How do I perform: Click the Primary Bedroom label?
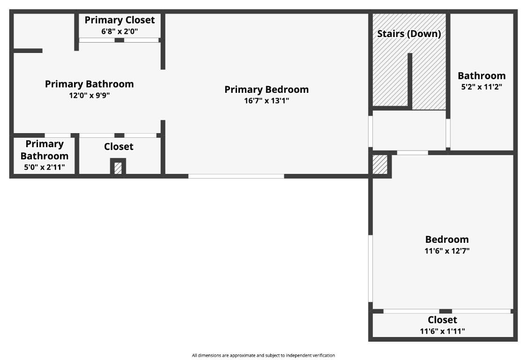pyautogui.click(x=266, y=90)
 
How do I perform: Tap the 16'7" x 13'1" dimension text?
pyautogui.click(x=266, y=101)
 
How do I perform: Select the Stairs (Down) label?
pyautogui.click(x=408, y=34)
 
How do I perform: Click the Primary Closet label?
pyautogui.click(x=119, y=20)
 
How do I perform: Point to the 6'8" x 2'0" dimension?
pyautogui.click(x=119, y=31)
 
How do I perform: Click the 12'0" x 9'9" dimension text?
pyautogui.click(x=89, y=95)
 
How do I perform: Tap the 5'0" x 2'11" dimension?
pyautogui.click(x=45, y=167)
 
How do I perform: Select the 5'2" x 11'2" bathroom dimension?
pyautogui.click(x=481, y=87)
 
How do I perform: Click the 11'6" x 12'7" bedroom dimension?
pyautogui.click(x=446, y=251)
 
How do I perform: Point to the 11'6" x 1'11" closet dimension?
pyautogui.click(x=442, y=331)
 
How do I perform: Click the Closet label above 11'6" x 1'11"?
pyautogui.click(x=442, y=320)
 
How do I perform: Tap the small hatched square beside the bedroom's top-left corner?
pyautogui.click(x=380, y=165)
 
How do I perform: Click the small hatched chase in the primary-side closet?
pyautogui.click(x=118, y=168)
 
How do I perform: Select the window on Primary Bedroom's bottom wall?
pyautogui.click(x=236, y=176)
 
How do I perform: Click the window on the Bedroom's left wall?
pyautogui.click(x=371, y=268)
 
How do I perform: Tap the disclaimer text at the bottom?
pyautogui.click(x=263, y=355)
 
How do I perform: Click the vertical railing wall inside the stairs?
pyautogui.click(x=409, y=81)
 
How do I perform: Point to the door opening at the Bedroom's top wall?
pyautogui.click(x=412, y=152)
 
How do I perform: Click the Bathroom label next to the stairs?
pyautogui.click(x=481, y=75)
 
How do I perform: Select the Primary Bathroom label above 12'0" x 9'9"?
pyautogui.click(x=89, y=84)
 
